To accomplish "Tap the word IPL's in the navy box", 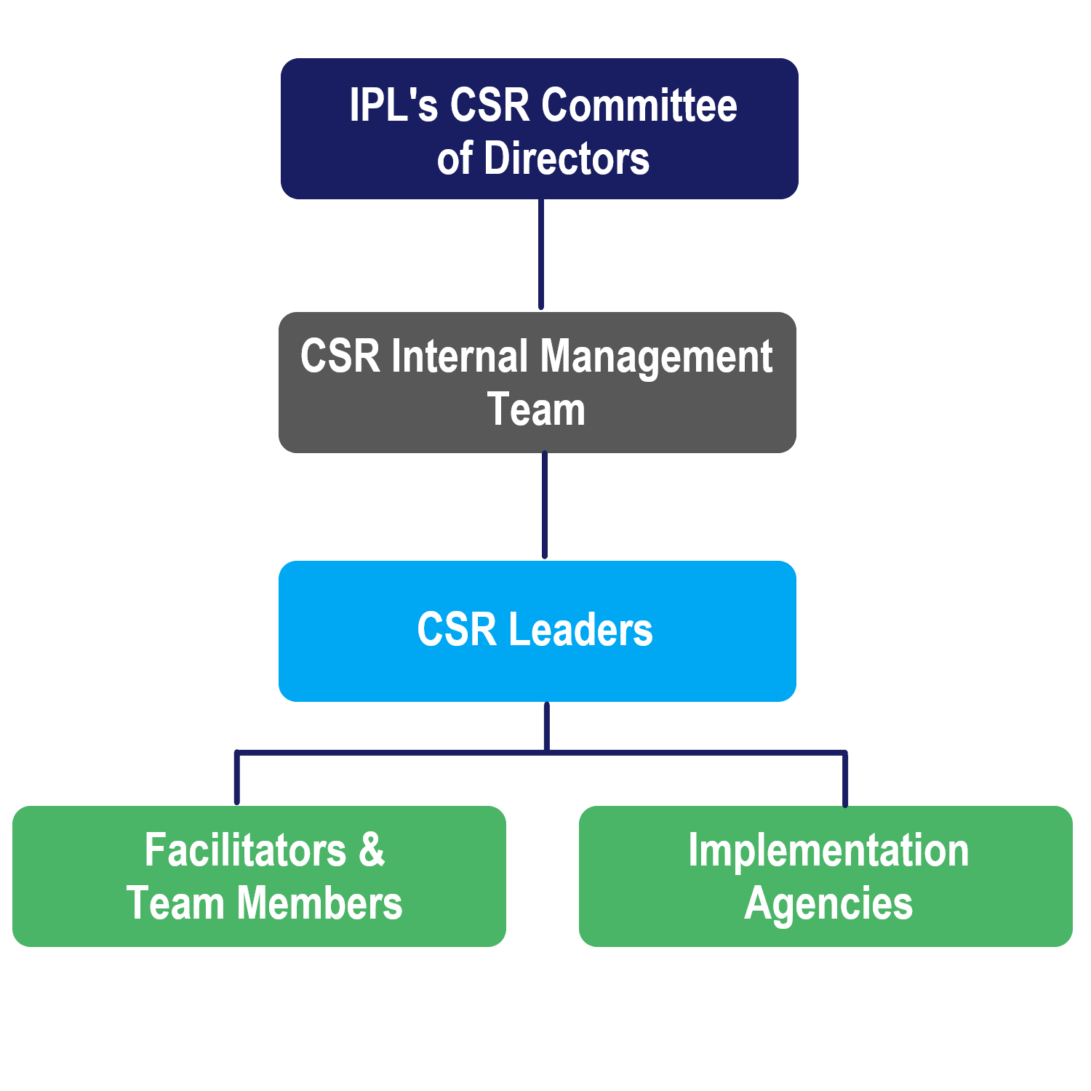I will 393,105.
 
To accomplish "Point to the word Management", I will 655,358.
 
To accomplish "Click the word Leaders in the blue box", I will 580,630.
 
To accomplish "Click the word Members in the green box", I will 319,903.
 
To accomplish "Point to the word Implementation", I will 828,851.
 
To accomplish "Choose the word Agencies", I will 828,905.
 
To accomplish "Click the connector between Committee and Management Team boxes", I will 541,255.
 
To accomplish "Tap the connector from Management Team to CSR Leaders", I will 545,505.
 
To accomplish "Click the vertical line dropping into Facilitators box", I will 237,778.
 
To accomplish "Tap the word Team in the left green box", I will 175,903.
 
